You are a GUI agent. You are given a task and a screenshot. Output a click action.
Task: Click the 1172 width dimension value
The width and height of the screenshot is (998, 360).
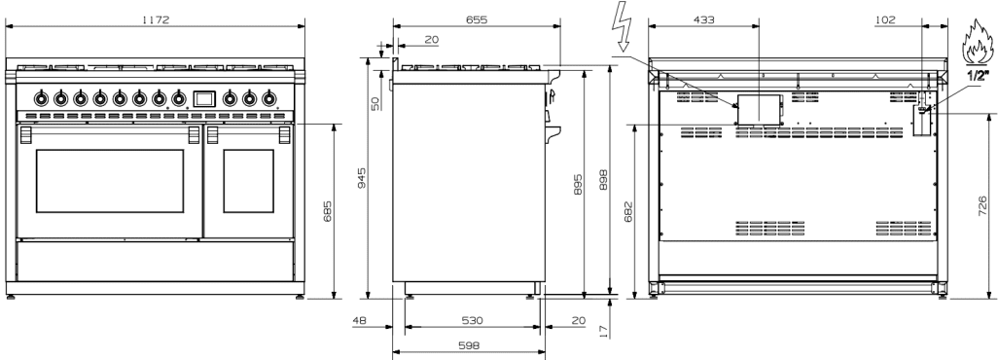pos(156,19)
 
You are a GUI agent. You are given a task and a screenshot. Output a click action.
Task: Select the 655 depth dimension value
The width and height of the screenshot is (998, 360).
pos(476,19)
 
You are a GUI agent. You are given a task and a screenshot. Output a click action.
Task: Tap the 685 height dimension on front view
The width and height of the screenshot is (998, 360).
pos(327,211)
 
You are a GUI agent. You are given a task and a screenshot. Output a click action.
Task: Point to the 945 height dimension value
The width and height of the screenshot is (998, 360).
pos(362,178)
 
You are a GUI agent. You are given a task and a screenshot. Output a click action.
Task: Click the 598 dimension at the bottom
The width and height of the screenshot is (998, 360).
pos(469,345)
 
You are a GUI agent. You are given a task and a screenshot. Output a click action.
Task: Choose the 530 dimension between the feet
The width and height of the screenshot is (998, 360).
pos(472,320)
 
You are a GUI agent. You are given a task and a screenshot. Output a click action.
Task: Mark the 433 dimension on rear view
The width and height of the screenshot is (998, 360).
pos(703,19)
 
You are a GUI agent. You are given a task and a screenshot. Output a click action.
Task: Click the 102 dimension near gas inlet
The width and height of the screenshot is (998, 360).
pos(885,19)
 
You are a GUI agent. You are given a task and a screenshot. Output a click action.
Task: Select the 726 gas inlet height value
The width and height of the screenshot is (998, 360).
pos(982,206)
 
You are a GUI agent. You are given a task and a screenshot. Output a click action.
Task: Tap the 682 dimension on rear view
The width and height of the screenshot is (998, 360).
pos(628,211)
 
